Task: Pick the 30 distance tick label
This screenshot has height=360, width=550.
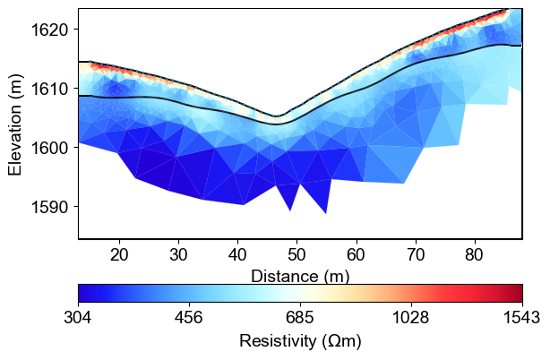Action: click(178, 254)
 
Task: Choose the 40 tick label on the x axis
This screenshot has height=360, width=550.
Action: click(237, 254)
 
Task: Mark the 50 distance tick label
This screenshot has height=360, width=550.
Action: click(297, 254)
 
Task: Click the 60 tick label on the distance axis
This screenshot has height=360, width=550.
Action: click(357, 254)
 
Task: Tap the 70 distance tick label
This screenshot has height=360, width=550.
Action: click(416, 254)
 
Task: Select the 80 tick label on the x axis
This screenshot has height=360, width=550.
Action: click(475, 254)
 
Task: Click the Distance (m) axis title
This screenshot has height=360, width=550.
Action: click(300, 275)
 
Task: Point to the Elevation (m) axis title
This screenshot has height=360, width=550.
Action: click(15, 124)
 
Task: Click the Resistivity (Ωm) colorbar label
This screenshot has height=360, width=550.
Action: click(300, 341)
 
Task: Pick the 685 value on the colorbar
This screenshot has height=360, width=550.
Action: click(300, 318)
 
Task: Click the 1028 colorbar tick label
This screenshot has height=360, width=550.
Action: click(411, 318)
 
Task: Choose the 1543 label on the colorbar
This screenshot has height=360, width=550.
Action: click(520, 318)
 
